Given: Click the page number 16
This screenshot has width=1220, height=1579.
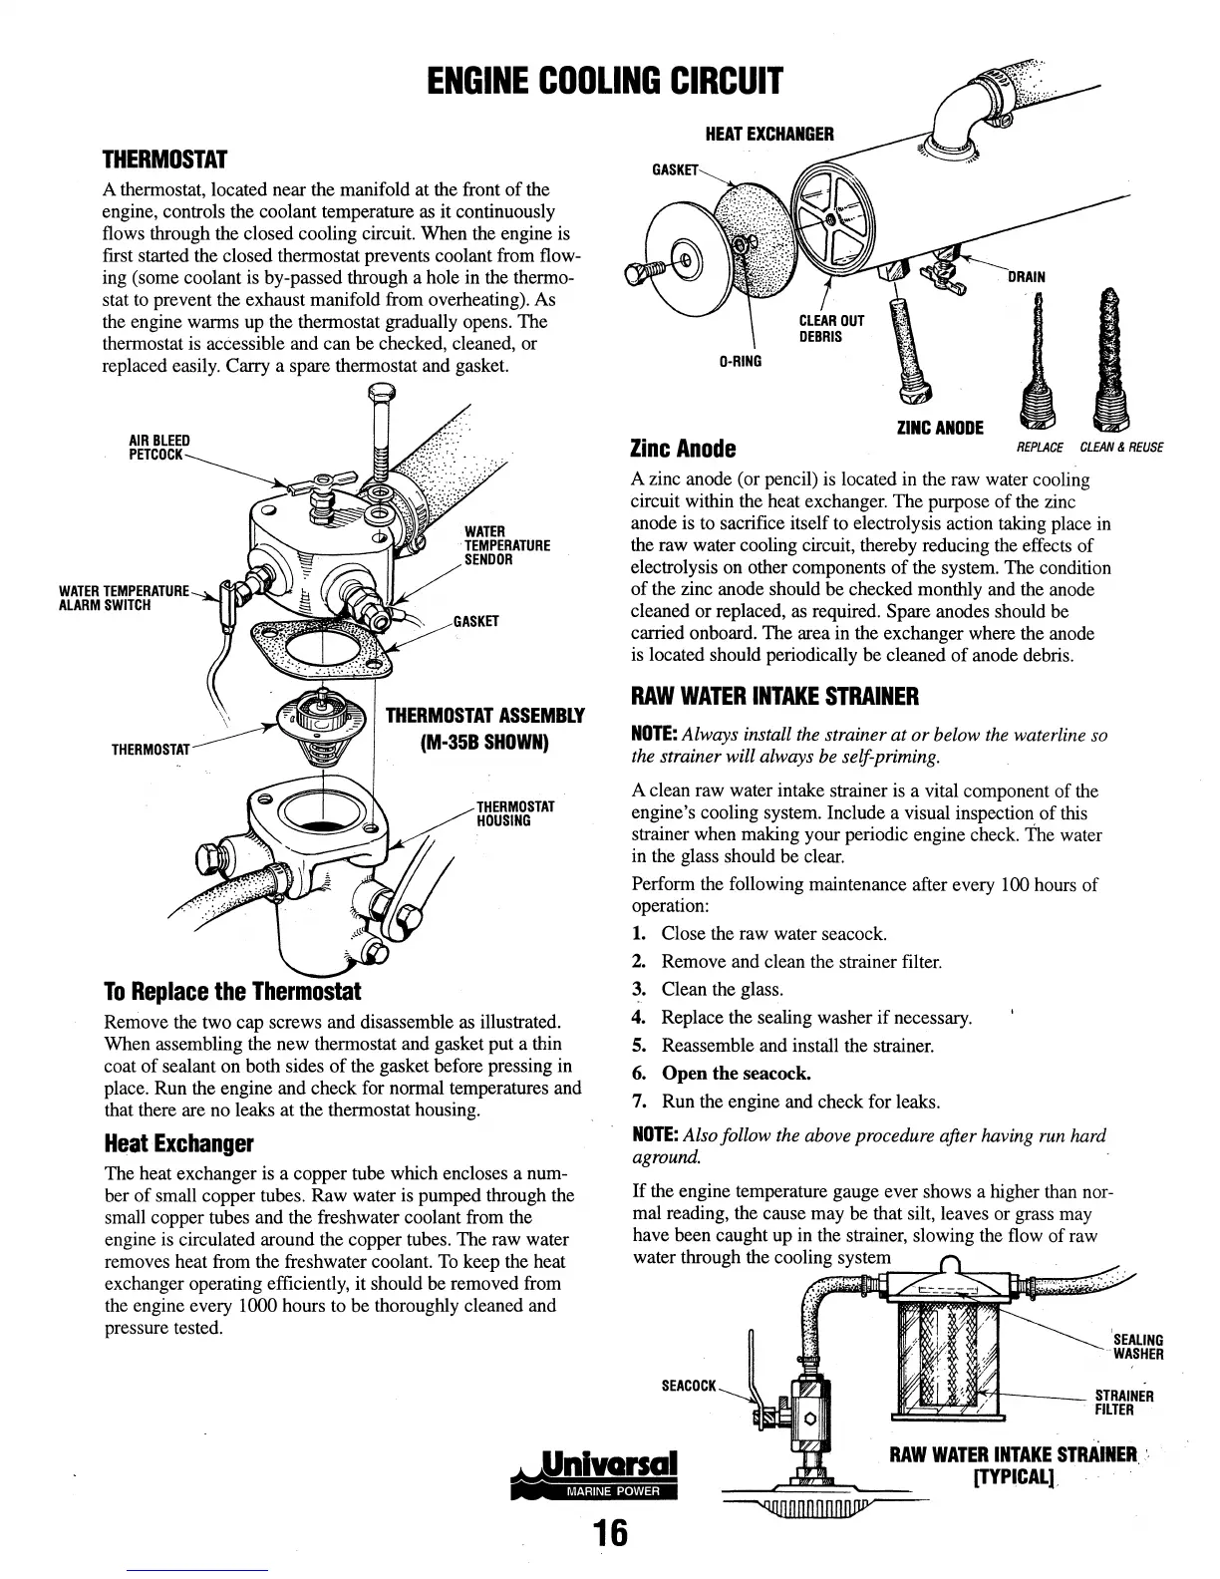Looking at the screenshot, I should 611,1533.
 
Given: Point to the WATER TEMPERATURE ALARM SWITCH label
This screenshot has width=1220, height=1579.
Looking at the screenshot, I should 124,598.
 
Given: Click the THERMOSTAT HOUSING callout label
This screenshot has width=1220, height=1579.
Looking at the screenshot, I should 515,813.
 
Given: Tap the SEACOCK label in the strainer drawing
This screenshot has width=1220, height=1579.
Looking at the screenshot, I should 689,1386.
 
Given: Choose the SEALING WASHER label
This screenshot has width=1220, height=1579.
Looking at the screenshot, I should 1137,1347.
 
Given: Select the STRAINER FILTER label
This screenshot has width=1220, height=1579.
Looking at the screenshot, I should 1124,1403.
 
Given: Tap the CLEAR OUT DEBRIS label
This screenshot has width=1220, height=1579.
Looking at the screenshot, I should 831,328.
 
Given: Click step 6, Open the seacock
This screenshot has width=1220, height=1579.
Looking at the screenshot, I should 736,1074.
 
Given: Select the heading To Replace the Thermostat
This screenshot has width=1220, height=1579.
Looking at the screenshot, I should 232,992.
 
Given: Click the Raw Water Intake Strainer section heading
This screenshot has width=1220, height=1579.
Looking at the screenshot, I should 774,695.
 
